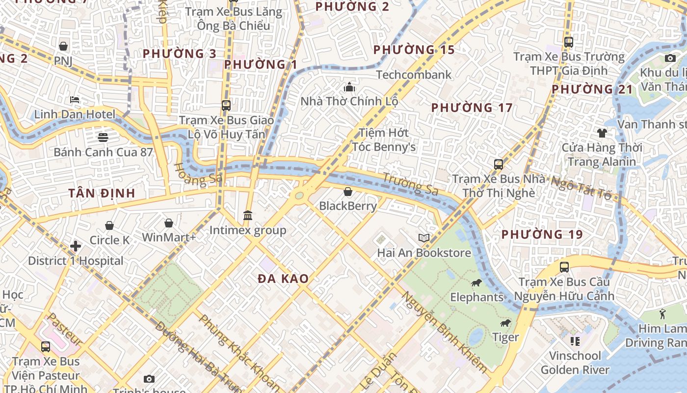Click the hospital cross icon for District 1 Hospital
(x=76, y=246)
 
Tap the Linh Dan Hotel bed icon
(x=75, y=100)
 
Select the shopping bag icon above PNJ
(x=63, y=46)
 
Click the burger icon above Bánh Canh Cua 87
(x=103, y=137)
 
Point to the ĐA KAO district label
(x=283, y=279)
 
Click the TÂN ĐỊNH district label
(x=102, y=193)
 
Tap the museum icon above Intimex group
(x=248, y=215)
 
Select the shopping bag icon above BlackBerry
(x=348, y=191)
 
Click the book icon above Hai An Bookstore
(x=424, y=238)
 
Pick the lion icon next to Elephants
(x=476, y=282)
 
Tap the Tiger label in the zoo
(x=505, y=337)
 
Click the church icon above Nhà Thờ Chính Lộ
(x=349, y=87)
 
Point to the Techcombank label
(x=414, y=75)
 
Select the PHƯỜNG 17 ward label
(x=472, y=108)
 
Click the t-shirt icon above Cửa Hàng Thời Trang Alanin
(x=602, y=133)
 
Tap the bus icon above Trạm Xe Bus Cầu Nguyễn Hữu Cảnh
(x=564, y=267)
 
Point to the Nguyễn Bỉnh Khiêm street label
(x=445, y=332)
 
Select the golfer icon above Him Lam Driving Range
(x=663, y=313)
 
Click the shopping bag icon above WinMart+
(x=169, y=223)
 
